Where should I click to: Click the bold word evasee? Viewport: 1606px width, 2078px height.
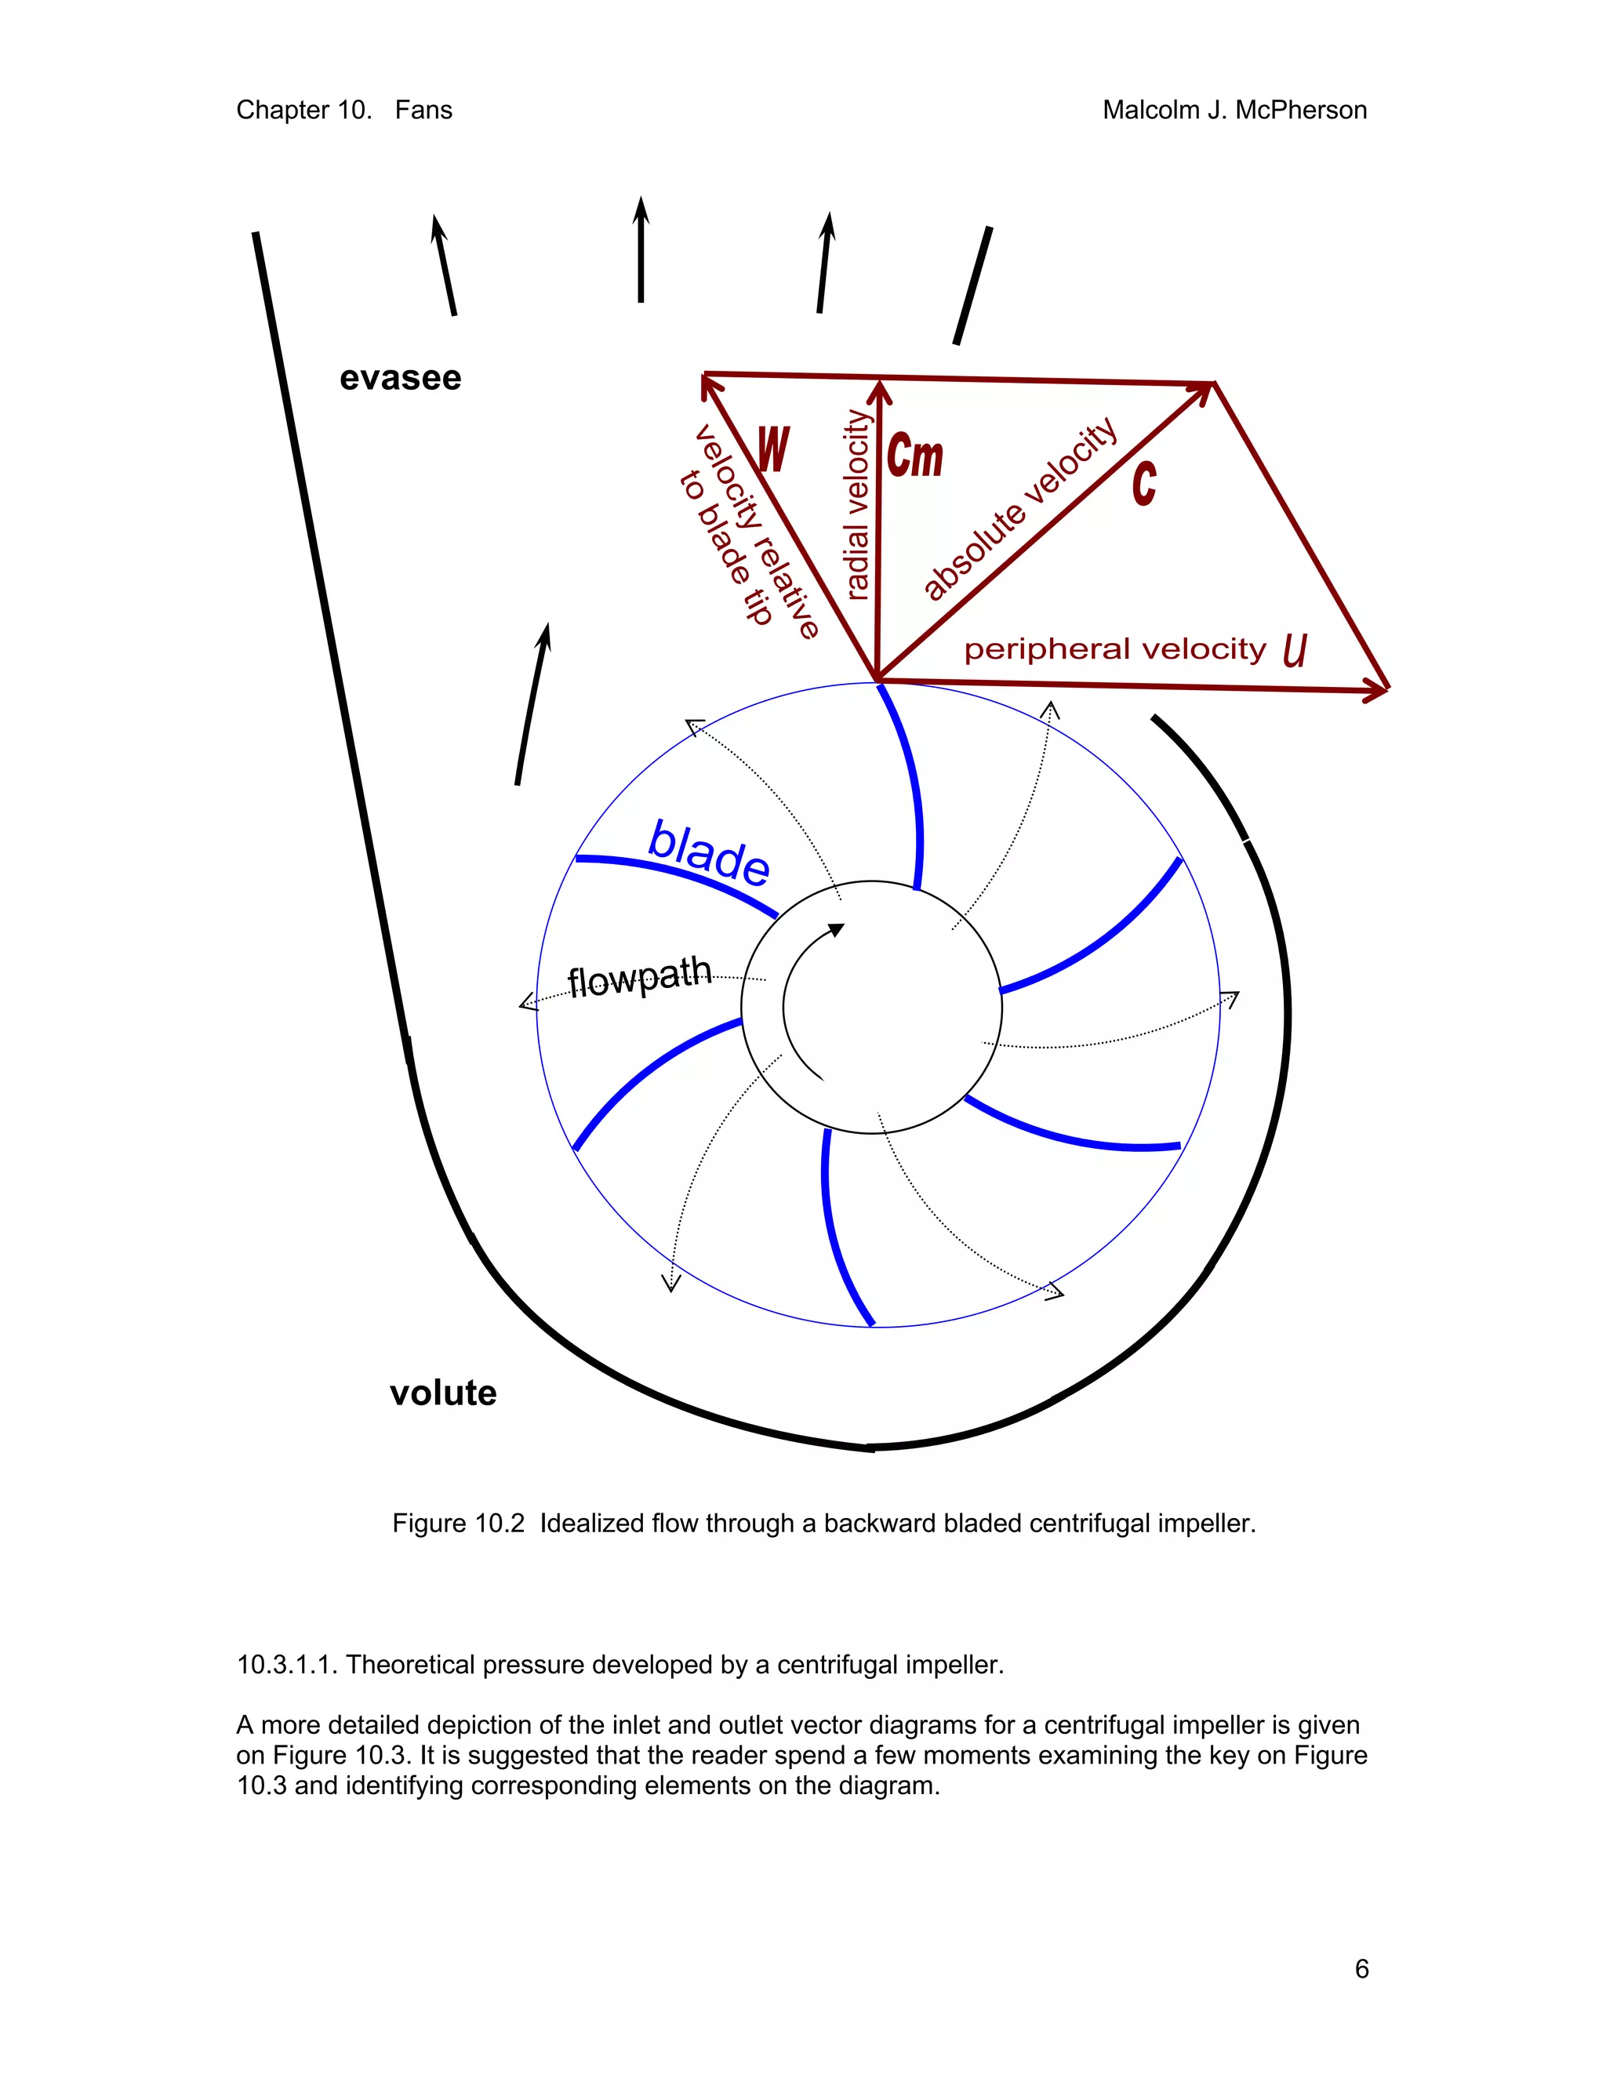(400, 379)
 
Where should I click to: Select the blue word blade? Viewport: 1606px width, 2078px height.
(709, 852)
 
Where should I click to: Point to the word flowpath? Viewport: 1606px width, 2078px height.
(639, 977)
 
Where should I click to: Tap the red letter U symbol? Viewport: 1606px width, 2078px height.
(1295, 651)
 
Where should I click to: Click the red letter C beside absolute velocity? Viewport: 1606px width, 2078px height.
(1145, 482)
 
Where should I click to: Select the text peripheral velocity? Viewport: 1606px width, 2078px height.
(1115, 650)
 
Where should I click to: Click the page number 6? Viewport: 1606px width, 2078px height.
(1361, 1968)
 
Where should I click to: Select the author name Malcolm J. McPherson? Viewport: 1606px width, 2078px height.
(1234, 111)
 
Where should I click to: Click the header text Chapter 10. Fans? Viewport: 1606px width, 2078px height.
(343, 111)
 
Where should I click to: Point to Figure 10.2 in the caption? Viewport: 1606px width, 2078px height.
(458, 1524)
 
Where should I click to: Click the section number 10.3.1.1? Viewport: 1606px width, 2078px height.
(287, 1664)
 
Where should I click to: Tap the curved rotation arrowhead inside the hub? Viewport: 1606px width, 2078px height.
(836, 929)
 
